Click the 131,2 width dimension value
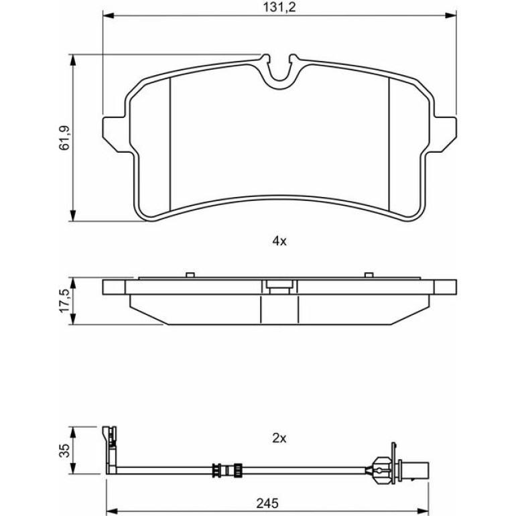(279, 7)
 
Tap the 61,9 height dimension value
(64, 138)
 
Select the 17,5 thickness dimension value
(64, 301)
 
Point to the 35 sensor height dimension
(64, 450)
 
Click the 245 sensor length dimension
(267, 503)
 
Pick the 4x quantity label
(279, 241)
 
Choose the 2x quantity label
(279, 438)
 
